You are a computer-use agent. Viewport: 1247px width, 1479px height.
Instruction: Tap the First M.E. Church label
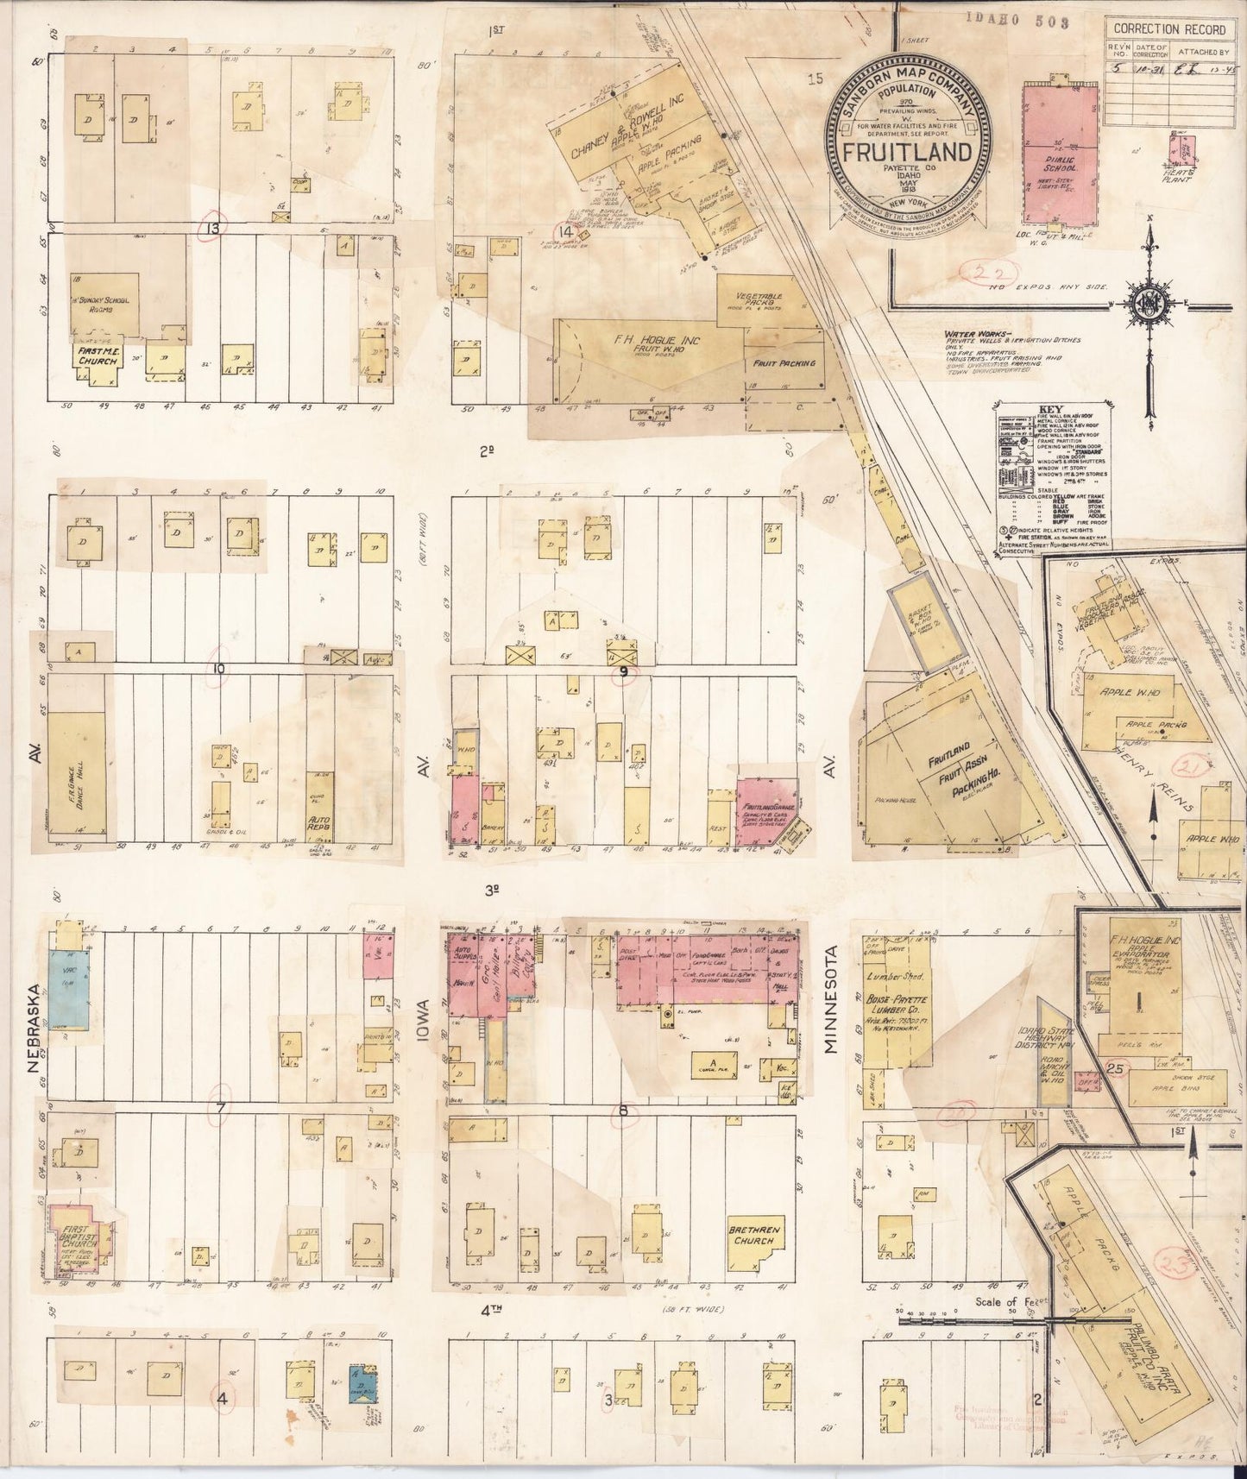[x=97, y=356]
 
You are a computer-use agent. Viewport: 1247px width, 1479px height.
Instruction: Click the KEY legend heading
[x=1052, y=410]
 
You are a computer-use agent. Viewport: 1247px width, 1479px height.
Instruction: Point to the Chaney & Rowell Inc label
[x=627, y=126]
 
